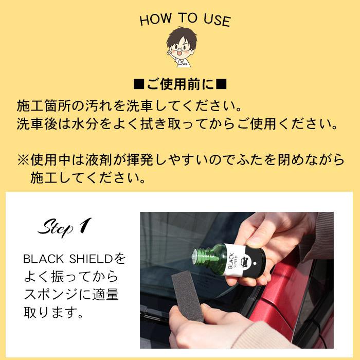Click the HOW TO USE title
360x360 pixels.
tap(185, 20)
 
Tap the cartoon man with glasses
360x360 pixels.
tap(182, 47)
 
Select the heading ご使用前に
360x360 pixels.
tap(181, 84)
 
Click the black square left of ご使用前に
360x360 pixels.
tap(139, 84)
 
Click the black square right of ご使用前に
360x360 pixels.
tap(221, 84)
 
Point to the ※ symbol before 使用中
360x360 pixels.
tap(23, 160)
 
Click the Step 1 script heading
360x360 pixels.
tap(64, 227)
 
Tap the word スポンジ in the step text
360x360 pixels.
tap(51, 295)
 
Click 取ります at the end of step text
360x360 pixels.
tap(53, 312)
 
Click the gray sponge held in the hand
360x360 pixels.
tap(188, 297)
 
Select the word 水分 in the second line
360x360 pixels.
tap(84, 124)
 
